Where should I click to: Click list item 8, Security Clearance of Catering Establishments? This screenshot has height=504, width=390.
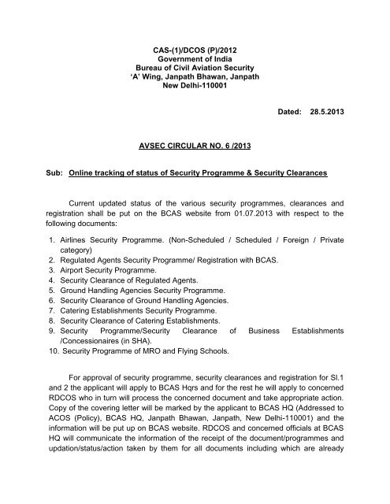point(142,366)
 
